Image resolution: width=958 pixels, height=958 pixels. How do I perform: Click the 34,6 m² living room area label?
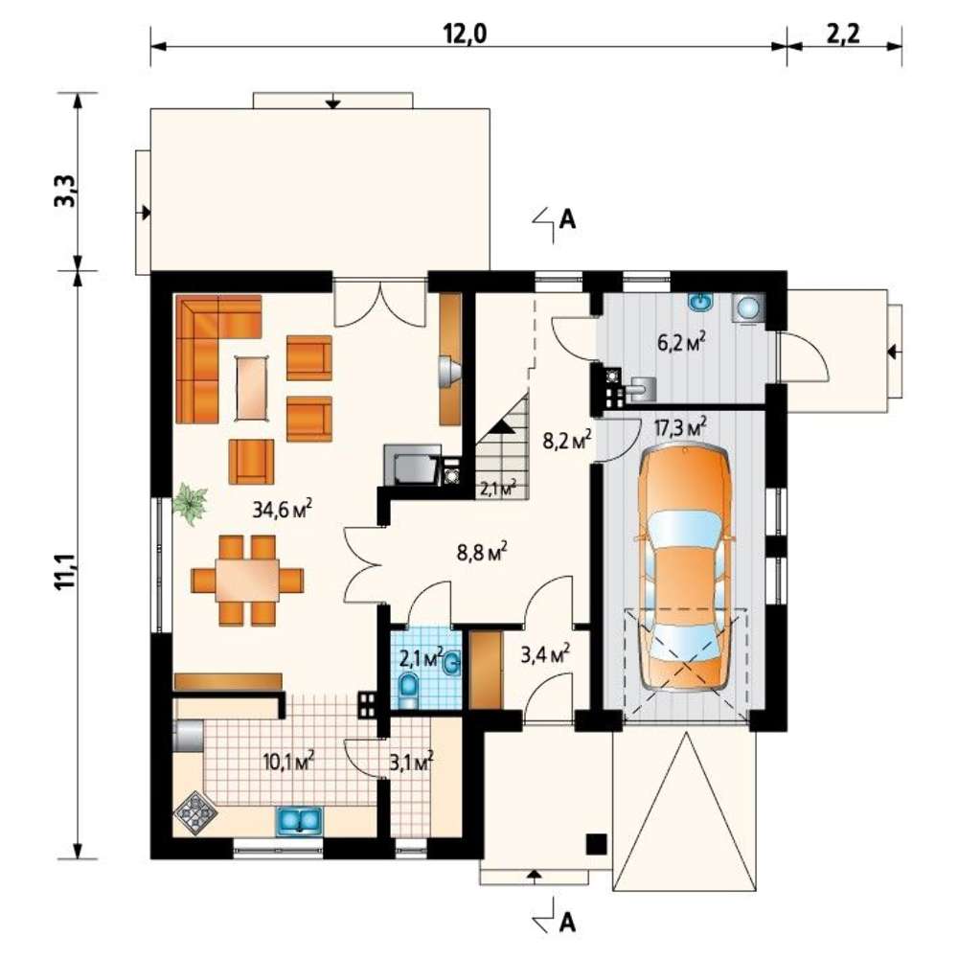[x=283, y=508]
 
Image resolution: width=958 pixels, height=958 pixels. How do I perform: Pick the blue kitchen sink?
[x=299, y=821]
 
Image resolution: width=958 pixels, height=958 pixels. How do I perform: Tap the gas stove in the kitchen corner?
[x=195, y=813]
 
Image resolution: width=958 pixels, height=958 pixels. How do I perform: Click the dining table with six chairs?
[x=247, y=580]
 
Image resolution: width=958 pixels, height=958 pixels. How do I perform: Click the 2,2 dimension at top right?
[x=843, y=34]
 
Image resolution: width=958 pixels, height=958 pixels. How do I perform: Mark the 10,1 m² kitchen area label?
[x=288, y=762]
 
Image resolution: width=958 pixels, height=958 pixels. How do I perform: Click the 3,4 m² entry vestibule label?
[x=545, y=653]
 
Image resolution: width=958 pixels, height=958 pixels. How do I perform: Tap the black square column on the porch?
[x=596, y=844]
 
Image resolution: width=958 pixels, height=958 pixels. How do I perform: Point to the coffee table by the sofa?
[x=252, y=387]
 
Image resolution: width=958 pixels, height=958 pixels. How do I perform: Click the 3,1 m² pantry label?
[x=411, y=762]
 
